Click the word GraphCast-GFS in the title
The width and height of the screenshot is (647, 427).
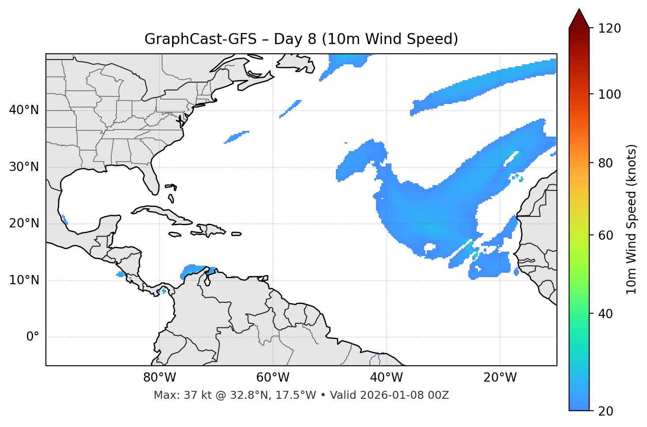(x=200, y=39)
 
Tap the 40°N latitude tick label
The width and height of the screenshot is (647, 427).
(x=24, y=110)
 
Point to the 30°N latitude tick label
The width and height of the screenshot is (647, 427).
(x=24, y=167)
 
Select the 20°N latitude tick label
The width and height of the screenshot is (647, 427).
(x=24, y=223)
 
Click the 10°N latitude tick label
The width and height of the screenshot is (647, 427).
(x=24, y=280)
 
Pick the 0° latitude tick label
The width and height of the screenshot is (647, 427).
(x=33, y=337)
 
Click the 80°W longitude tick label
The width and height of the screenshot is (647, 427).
(x=159, y=378)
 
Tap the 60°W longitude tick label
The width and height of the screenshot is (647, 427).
(x=273, y=378)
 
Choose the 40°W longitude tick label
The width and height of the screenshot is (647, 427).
(x=386, y=378)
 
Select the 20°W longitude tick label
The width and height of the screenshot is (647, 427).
(x=500, y=378)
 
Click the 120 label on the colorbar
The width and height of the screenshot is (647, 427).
(x=609, y=29)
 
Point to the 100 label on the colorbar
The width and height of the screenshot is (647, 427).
(x=609, y=94)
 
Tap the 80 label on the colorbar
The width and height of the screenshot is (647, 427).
(x=606, y=163)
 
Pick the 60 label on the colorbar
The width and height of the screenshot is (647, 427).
(x=606, y=235)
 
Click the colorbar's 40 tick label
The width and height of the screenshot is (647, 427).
(x=606, y=314)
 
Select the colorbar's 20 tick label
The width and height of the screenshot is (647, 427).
(x=606, y=411)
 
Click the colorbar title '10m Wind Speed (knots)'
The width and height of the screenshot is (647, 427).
(x=632, y=219)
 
